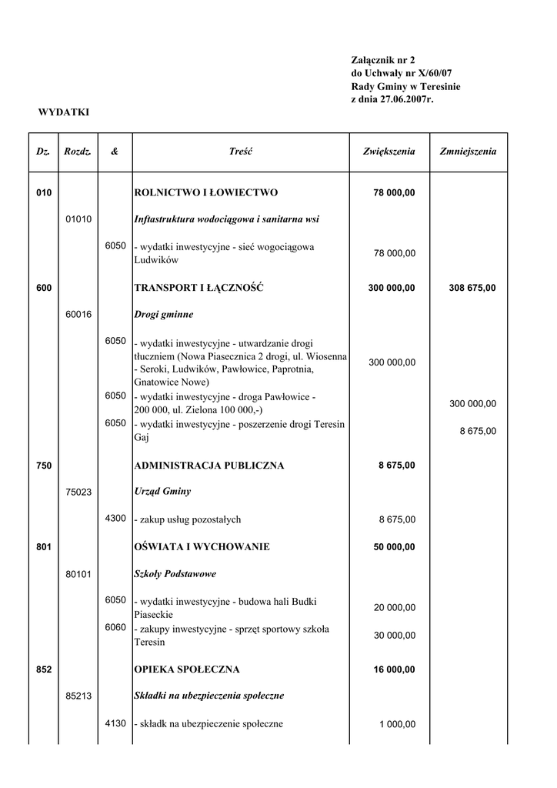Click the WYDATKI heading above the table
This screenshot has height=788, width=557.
pyautogui.click(x=64, y=112)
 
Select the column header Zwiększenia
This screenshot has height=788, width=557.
pyautogui.click(x=389, y=152)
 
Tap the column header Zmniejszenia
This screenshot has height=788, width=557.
pyautogui.click(x=468, y=152)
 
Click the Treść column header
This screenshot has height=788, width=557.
pyautogui.click(x=241, y=152)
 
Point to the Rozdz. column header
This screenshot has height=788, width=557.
pyautogui.click(x=78, y=152)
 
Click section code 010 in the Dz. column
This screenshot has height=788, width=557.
pyautogui.click(x=44, y=192)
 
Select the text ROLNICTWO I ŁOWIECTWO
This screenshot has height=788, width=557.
pyautogui.click(x=206, y=192)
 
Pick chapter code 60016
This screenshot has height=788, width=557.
pyautogui.click(x=78, y=315)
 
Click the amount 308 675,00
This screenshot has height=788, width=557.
pyautogui.click(x=472, y=289)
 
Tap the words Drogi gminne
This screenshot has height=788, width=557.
pyautogui.click(x=164, y=315)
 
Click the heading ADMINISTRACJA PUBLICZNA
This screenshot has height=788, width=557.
pyautogui.click(x=209, y=466)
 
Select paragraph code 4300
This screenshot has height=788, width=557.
pyautogui.click(x=115, y=519)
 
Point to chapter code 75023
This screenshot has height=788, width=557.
pyautogui.click(x=78, y=492)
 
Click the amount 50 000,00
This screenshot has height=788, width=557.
pyautogui.click(x=394, y=547)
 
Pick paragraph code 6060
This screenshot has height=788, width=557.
pyautogui.click(x=115, y=627)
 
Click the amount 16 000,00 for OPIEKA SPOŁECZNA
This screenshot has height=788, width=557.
pyautogui.click(x=394, y=670)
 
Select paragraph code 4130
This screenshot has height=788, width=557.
pyautogui.click(x=115, y=723)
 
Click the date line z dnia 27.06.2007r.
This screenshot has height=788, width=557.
pyautogui.click(x=392, y=99)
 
